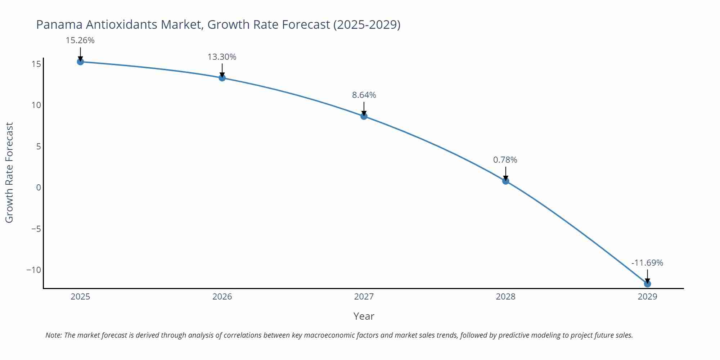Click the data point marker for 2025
coord(80,62)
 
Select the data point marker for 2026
coord(222,78)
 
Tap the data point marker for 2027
coord(364,116)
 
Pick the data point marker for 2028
coord(505,181)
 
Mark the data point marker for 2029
coord(647,284)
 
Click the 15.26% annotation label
coord(80,40)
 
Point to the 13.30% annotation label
coord(222,57)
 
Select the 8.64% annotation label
coord(364,95)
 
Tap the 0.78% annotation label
coord(505,160)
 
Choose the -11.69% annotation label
coord(647,263)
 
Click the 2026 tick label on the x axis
coord(222,297)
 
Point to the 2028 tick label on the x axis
coord(505,297)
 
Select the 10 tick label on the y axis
coord(36,105)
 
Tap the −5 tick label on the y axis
coord(36,229)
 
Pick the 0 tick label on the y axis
coord(38,188)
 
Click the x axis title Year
coord(364,316)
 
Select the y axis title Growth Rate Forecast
coord(9,172)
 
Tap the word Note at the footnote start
coord(53,335)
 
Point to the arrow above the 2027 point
coord(364,109)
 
